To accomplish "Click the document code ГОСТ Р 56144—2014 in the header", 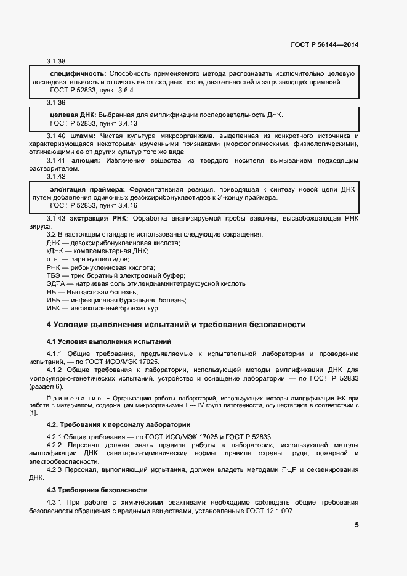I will tap(324, 45).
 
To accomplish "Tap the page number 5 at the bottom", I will tap(356, 525).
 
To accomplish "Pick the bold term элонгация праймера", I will tap(87, 189).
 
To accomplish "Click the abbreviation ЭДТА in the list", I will tap(57, 283).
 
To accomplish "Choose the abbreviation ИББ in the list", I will tap(54, 299).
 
